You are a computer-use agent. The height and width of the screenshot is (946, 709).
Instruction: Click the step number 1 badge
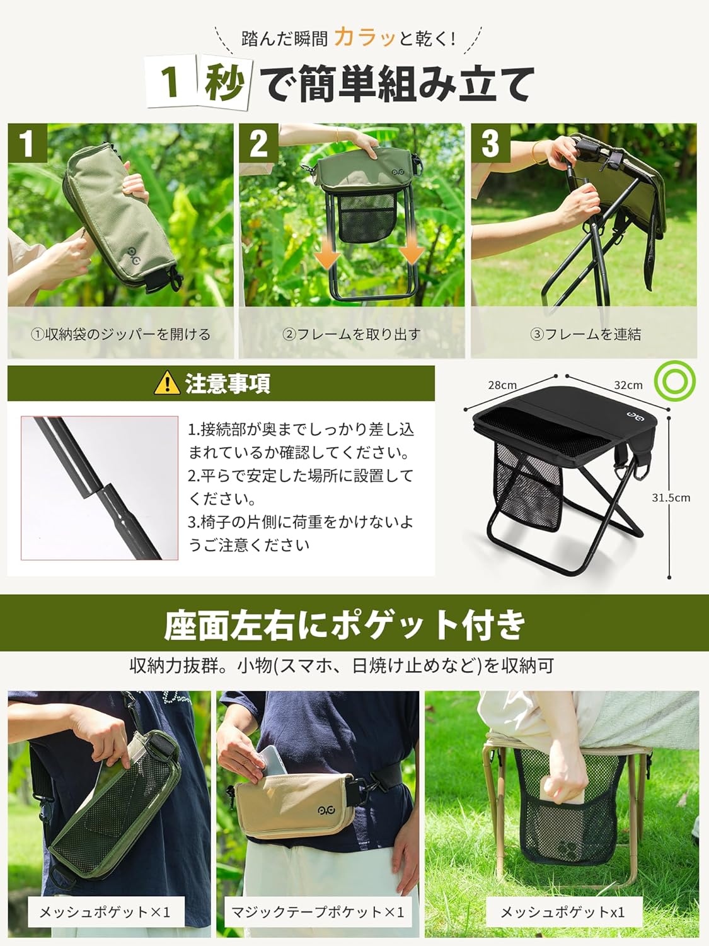tap(27, 143)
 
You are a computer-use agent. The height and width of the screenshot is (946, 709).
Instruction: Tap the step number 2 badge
tap(259, 143)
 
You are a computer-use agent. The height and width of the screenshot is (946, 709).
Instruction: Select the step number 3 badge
tap(490, 143)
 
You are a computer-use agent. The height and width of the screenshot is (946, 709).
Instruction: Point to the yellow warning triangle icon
tap(167, 383)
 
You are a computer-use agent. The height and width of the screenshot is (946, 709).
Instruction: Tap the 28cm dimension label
tap(502, 385)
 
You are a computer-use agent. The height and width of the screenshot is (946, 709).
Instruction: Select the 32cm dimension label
tap(628, 385)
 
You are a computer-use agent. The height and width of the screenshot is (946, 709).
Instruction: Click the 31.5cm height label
tap(671, 498)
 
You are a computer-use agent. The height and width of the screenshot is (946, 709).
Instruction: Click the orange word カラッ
tap(365, 37)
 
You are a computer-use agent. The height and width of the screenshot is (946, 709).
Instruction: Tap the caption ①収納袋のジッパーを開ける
tap(120, 334)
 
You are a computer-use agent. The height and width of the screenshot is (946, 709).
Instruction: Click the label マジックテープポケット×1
tap(318, 913)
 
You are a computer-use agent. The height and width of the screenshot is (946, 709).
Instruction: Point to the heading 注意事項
tap(228, 383)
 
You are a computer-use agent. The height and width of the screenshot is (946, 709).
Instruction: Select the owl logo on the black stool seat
tap(636, 415)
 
